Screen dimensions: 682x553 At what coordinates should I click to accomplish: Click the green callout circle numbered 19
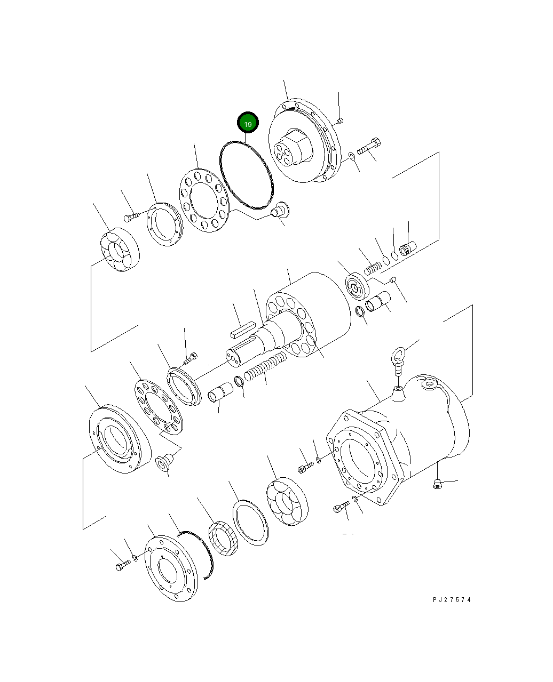coord(248,123)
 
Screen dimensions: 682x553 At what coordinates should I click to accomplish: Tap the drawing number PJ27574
coord(452,600)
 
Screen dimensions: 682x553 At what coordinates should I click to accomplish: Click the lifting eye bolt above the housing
coord(397,359)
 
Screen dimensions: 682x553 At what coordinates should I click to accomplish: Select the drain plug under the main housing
coord(437,484)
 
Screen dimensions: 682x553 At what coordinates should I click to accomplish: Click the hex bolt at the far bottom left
coord(122,565)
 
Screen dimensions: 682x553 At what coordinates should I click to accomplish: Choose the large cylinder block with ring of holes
coord(310,315)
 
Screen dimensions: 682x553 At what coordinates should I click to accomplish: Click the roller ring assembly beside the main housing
coord(287,501)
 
